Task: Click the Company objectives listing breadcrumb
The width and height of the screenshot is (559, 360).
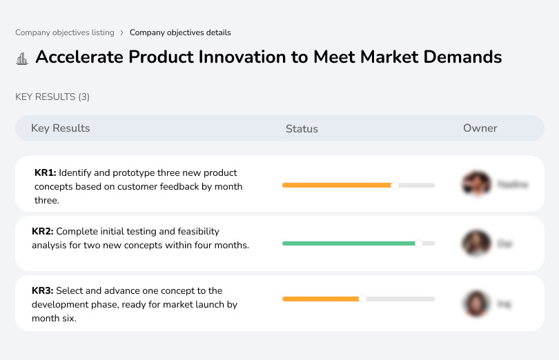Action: tap(65, 32)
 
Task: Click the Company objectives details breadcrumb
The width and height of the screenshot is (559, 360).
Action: tap(180, 32)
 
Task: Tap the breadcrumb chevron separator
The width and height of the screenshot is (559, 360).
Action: tap(122, 32)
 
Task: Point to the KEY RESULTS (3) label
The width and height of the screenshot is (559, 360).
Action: tap(52, 97)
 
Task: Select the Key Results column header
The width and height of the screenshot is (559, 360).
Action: tap(60, 128)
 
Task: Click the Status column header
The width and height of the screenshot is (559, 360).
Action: tap(302, 128)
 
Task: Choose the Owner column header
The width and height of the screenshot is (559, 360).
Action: tap(480, 128)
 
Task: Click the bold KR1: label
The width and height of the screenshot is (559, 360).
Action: tap(45, 173)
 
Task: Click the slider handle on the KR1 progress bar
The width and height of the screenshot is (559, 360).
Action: tap(395, 185)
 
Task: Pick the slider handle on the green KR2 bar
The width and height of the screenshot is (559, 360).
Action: tap(418, 243)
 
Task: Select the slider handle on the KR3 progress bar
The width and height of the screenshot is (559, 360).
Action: tap(362, 299)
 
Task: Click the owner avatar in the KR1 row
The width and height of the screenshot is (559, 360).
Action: tap(475, 184)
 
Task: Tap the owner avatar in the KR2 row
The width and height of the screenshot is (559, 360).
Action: tap(475, 243)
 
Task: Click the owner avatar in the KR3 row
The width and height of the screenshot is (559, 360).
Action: tap(475, 303)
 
